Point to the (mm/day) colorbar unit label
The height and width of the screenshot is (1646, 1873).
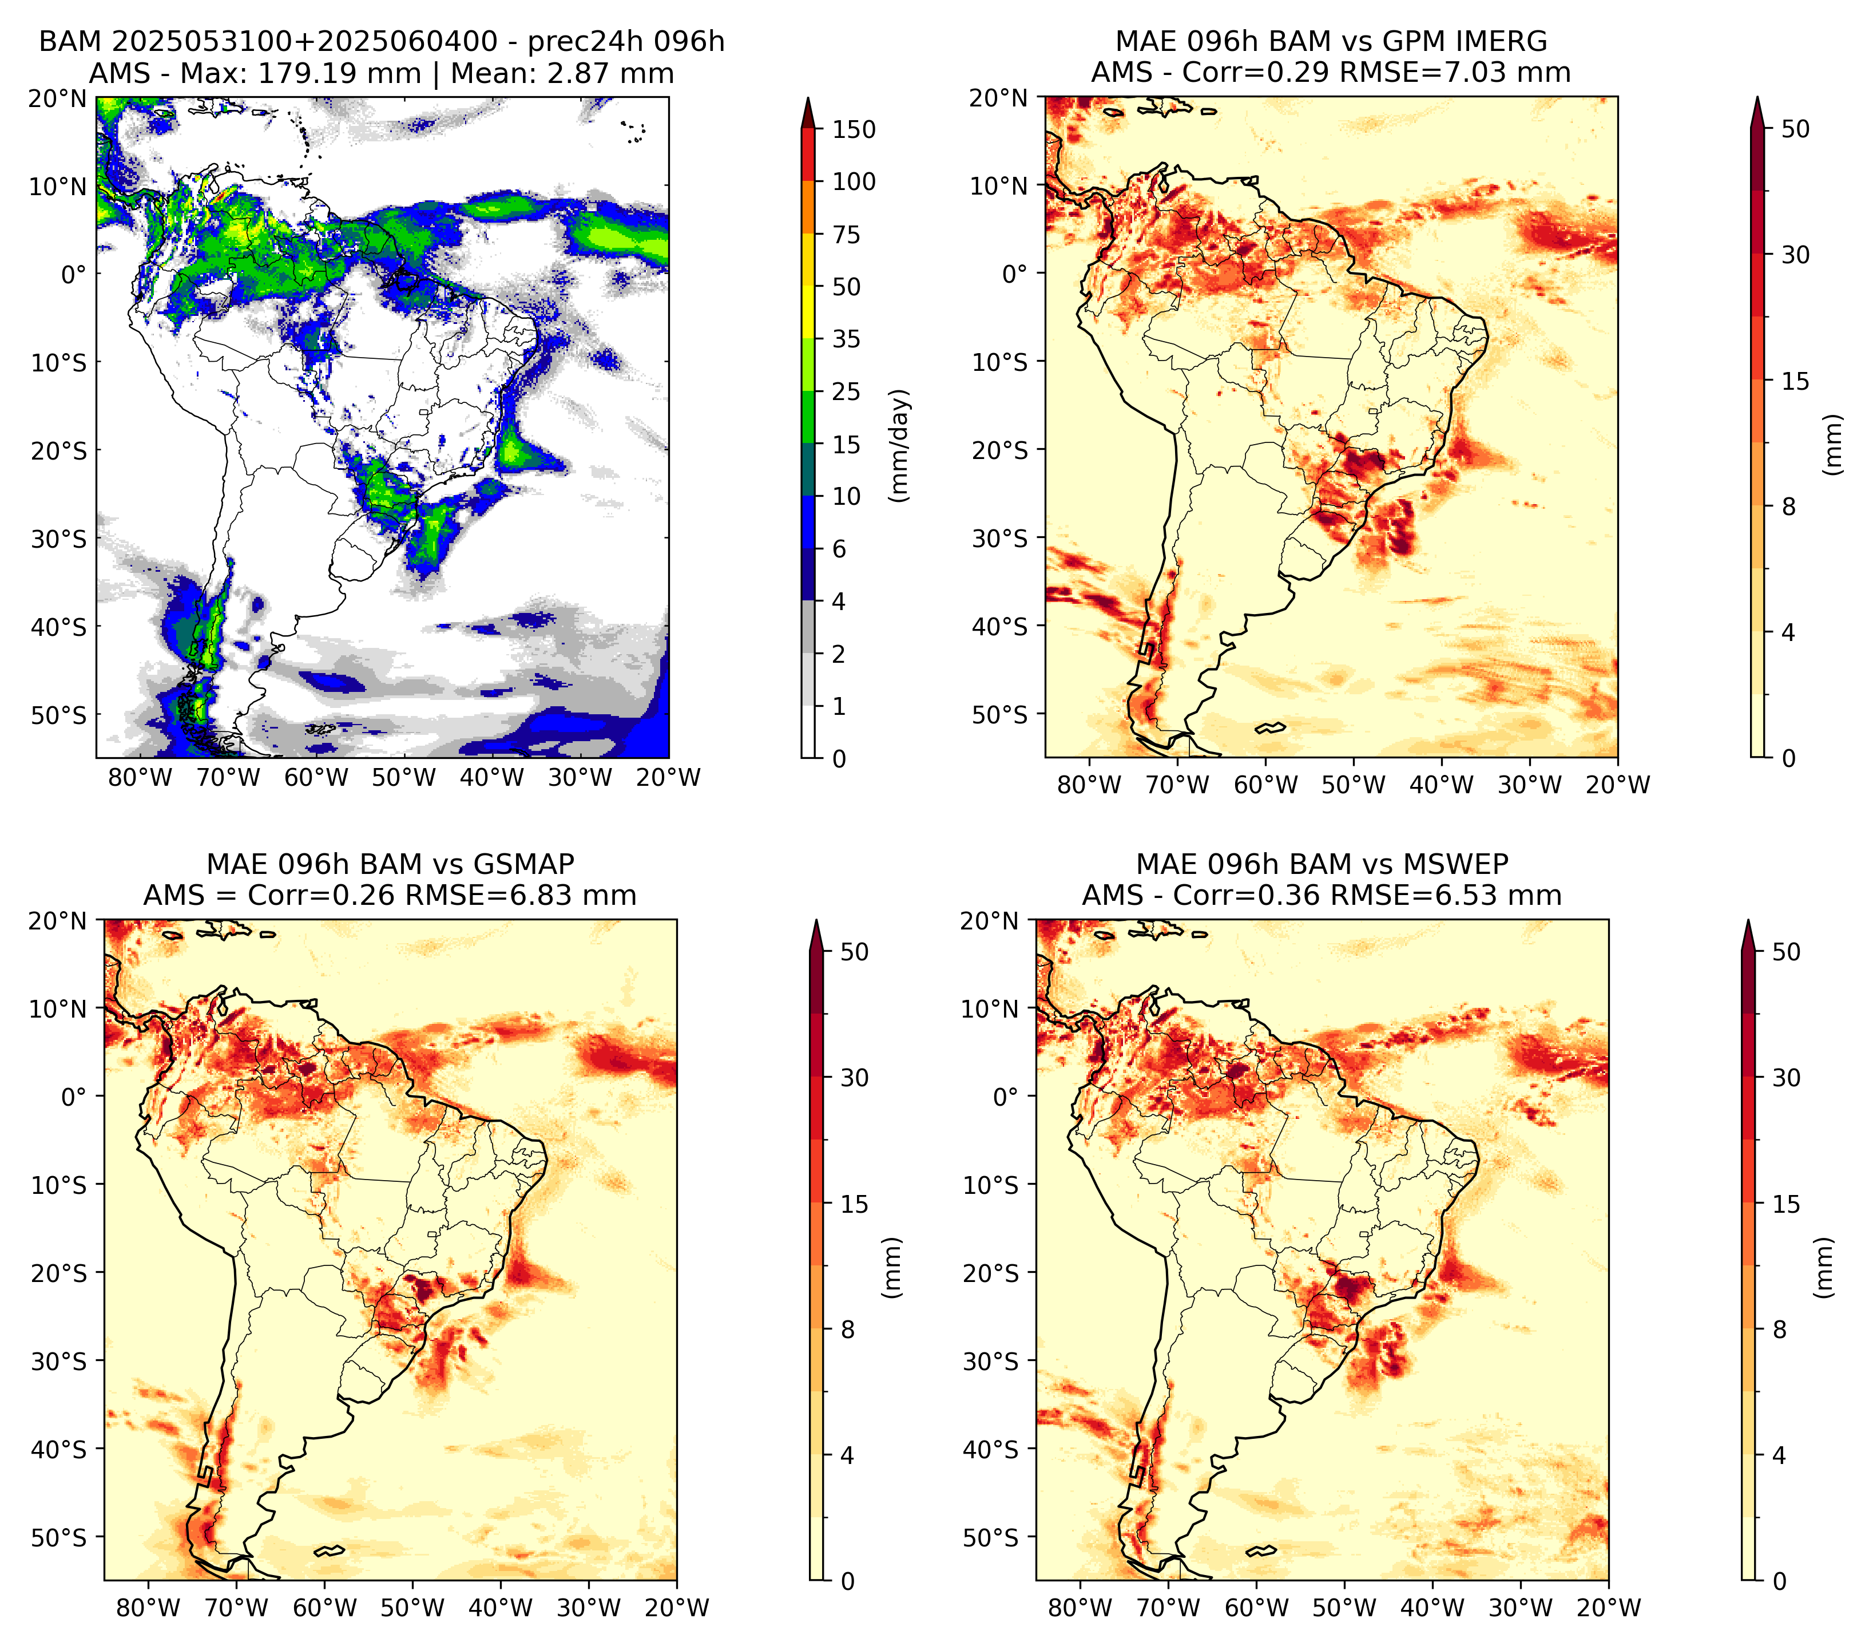point(901,445)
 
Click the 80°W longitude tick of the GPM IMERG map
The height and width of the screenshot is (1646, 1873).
point(1089,785)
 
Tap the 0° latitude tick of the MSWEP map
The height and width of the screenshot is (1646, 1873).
point(1005,1096)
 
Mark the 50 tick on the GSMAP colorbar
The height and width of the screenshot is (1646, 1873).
point(854,951)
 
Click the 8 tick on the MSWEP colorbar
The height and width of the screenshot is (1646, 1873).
point(1780,1329)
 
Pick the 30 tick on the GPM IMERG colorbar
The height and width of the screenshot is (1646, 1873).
point(1795,255)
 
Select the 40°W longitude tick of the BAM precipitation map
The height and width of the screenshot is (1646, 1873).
point(492,777)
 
